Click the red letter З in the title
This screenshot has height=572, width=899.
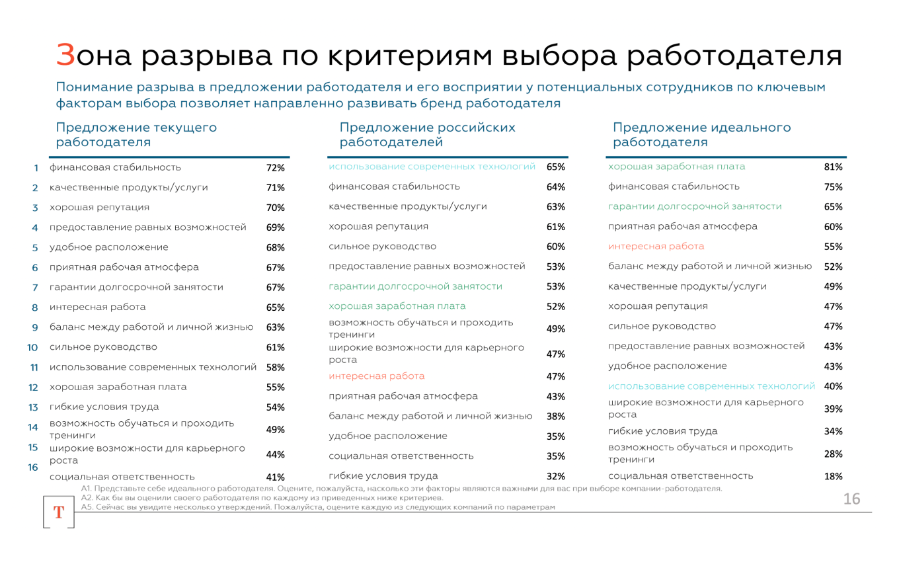click(65, 56)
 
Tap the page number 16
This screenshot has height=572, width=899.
click(851, 499)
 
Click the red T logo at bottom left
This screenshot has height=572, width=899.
click(58, 512)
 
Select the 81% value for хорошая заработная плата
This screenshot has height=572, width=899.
click(833, 167)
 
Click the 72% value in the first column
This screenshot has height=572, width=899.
click(275, 168)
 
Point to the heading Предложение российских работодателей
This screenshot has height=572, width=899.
click(427, 134)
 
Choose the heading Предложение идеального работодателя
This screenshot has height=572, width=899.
click(701, 134)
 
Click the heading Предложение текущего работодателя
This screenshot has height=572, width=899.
click(136, 134)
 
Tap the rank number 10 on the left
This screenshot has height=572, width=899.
click(32, 347)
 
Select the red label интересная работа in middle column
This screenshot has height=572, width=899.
click(377, 376)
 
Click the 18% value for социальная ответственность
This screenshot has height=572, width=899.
click(833, 476)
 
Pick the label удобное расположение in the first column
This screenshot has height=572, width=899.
click(108, 247)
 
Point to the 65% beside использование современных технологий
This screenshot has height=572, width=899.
click(555, 167)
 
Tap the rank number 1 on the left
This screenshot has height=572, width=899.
click(36, 168)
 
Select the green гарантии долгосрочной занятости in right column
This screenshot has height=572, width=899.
click(694, 206)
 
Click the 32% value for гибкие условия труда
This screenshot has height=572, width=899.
click(555, 476)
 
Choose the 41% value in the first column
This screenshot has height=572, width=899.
click(275, 477)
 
